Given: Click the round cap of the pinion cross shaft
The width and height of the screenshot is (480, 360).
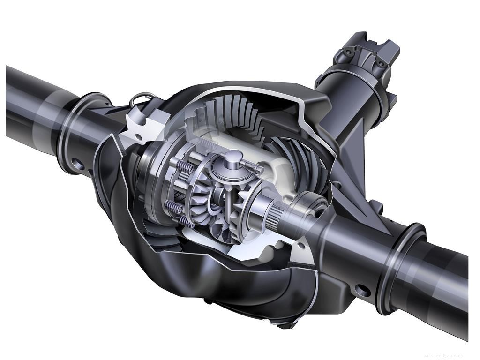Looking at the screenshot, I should pyautogui.click(x=231, y=158).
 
